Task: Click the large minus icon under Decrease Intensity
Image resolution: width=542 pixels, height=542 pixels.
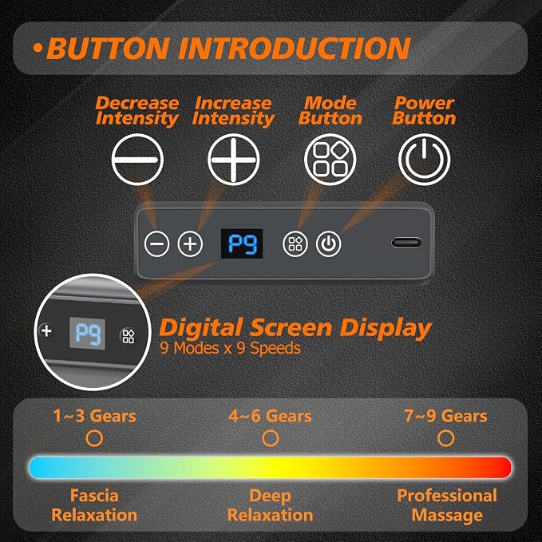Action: (x=137, y=160)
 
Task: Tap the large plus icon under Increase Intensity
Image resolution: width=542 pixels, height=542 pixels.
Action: (x=234, y=160)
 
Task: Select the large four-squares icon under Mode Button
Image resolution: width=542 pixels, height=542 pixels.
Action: (x=330, y=160)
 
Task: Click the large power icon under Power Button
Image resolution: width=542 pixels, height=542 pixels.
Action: (x=425, y=160)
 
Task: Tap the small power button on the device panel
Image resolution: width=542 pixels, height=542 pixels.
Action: (x=328, y=244)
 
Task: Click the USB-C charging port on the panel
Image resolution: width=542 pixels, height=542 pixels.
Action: (x=406, y=243)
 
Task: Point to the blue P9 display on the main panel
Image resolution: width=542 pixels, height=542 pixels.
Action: (x=242, y=243)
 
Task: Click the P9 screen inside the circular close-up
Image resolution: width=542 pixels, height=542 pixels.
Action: (x=88, y=333)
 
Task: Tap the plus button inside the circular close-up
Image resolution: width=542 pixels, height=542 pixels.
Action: (x=46, y=330)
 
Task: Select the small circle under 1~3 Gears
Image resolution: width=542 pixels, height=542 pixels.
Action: (x=94, y=438)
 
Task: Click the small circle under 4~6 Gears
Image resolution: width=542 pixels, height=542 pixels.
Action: (x=271, y=438)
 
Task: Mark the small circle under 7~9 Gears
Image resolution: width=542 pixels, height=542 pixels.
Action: (x=446, y=438)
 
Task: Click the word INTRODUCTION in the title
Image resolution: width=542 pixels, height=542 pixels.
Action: (x=295, y=48)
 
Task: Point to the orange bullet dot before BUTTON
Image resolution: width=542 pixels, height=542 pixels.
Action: (x=38, y=48)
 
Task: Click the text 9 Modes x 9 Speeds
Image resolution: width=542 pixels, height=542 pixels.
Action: (x=230, y=348)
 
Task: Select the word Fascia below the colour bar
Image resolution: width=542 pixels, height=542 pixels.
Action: (x=94, y=496)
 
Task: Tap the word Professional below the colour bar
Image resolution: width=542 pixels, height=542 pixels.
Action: (x=447, y=496)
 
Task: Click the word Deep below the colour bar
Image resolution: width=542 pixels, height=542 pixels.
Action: (x=271, y=497)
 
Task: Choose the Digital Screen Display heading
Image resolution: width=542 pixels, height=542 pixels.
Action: (x=295, y=328)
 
